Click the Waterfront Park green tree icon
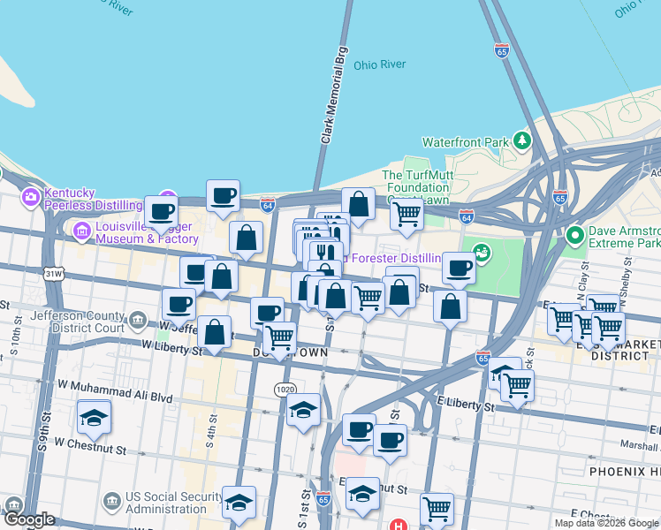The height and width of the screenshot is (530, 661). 523,140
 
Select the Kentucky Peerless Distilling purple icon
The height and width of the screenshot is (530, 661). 30,195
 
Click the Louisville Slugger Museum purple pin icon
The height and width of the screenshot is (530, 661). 82,231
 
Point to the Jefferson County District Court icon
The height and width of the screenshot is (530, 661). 138,319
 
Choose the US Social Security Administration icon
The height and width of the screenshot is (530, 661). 111,502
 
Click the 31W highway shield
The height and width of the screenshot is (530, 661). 52,274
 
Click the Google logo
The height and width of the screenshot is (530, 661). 28,519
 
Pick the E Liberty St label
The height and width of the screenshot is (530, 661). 465,405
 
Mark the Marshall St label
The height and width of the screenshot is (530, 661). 639,444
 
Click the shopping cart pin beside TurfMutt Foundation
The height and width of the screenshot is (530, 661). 406,213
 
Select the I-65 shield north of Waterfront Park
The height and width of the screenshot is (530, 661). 502,51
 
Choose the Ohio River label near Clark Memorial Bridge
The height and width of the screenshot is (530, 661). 379,65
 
